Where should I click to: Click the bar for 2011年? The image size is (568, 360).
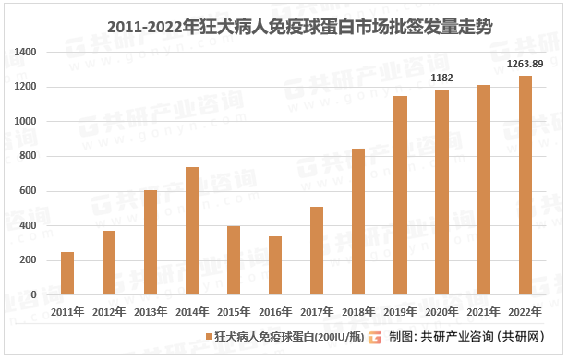[67, 273]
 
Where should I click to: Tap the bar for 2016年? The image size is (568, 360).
[275, 266]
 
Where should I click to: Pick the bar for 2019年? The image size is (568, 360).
[400, 196]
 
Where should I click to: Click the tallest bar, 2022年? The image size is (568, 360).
[525, 185]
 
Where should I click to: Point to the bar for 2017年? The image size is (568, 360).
[317, 251]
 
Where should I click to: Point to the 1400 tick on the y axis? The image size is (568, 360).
[25, 53]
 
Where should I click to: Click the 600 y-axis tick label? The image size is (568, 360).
[28, 191]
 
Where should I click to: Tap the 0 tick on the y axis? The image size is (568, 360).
[33, 295]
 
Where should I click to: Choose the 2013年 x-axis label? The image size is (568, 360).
[151, 312]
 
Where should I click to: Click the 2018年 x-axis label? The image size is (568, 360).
[358, 312]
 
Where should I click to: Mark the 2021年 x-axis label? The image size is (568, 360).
[483, 312]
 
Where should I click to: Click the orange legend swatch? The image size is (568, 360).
[209, 336]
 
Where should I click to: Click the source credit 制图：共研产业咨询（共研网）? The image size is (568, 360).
[465, 336]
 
